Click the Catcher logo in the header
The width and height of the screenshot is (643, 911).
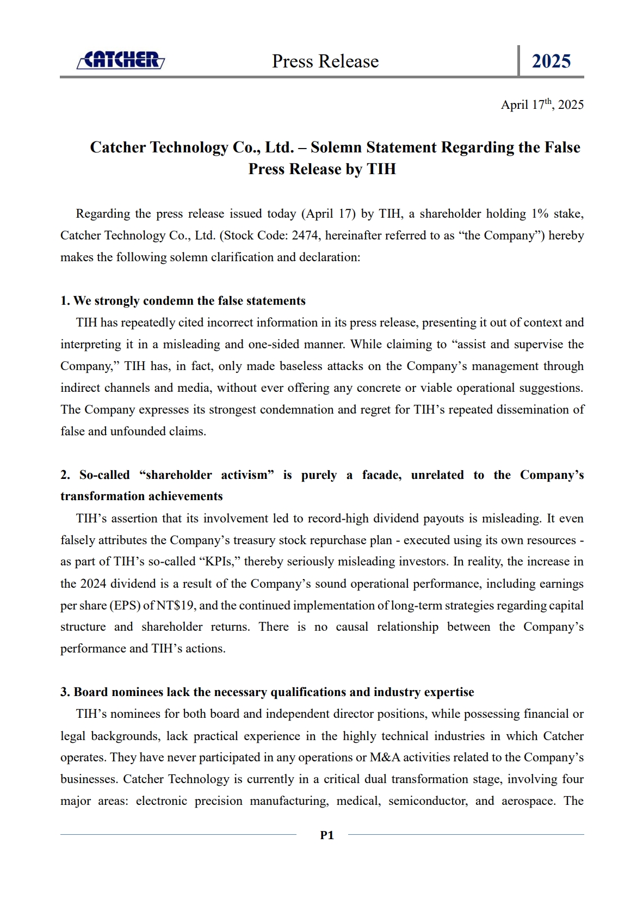tap(121, 60)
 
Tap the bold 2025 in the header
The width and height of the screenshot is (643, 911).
tap(551, 61)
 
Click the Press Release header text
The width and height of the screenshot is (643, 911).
tap(325, 61)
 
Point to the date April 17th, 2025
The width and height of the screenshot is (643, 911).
tap(542, 104)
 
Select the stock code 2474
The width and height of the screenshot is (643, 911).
tap(305, 236)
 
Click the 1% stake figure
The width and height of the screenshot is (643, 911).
tap(540, 214)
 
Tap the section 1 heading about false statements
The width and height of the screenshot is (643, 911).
tap(183, 301)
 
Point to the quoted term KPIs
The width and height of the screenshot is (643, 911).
tap(219, 562)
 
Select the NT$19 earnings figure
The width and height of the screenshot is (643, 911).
tap(176, 605)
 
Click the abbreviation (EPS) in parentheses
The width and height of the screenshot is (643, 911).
tap(125, 605)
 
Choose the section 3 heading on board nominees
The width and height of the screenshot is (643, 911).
tap(267, 692)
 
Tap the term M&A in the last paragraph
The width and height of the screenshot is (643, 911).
tap(385, 758)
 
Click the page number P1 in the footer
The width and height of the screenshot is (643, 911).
tap(327, 835)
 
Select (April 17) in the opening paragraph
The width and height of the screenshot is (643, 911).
tap(328, 214)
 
